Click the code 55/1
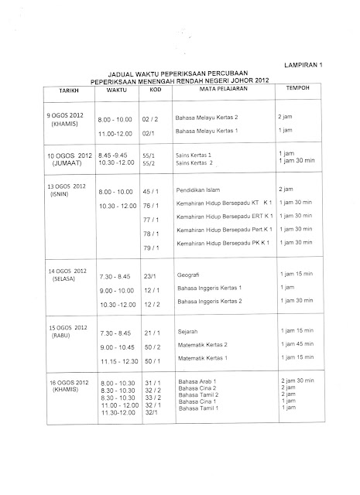tap(150, 155)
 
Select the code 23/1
tap(150, 275)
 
